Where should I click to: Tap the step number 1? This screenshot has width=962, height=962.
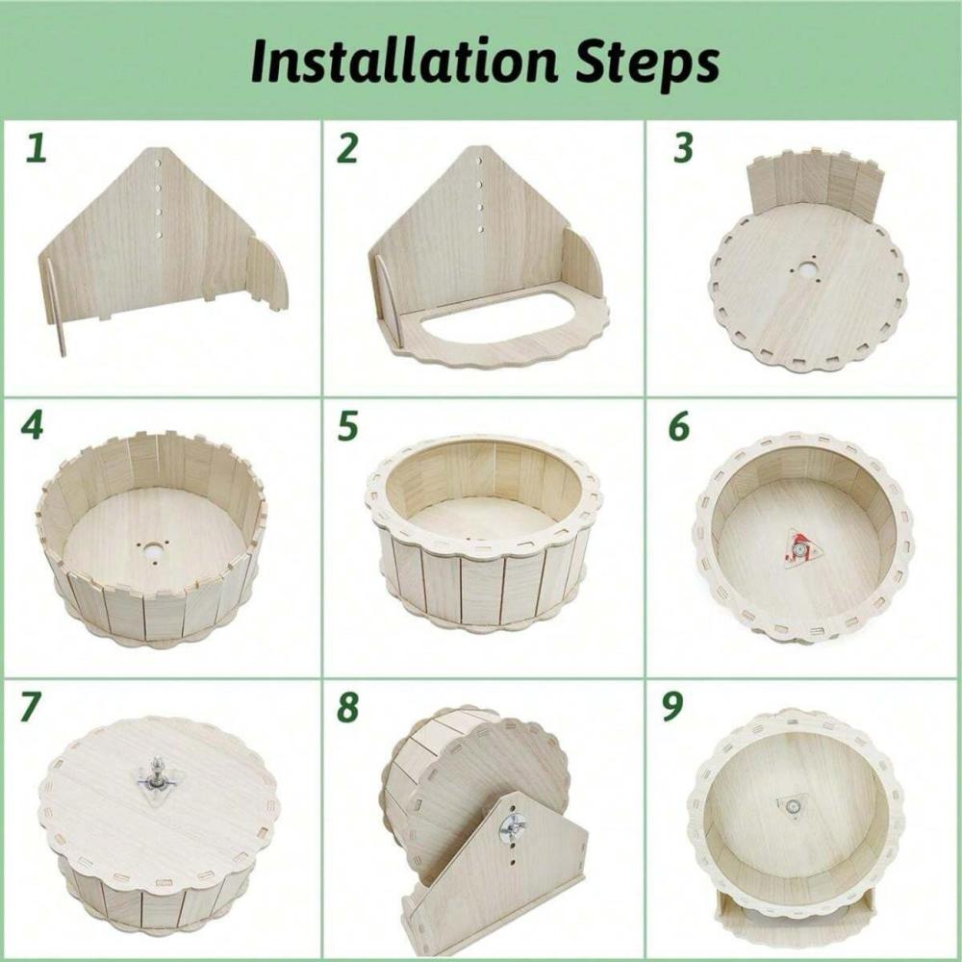pos(37,149)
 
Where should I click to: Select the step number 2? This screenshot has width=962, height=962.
pos(347,149)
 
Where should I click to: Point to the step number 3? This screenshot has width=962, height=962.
pos(683,149)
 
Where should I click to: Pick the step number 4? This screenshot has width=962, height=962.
pos(32,426)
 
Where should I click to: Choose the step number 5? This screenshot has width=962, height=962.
pos(347,426)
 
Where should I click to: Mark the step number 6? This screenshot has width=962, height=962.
pos(678,426)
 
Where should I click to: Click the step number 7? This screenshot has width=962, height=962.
pos(32,707)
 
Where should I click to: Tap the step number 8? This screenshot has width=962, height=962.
pos(347,707)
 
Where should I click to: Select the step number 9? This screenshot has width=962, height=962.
pos(672,707)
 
